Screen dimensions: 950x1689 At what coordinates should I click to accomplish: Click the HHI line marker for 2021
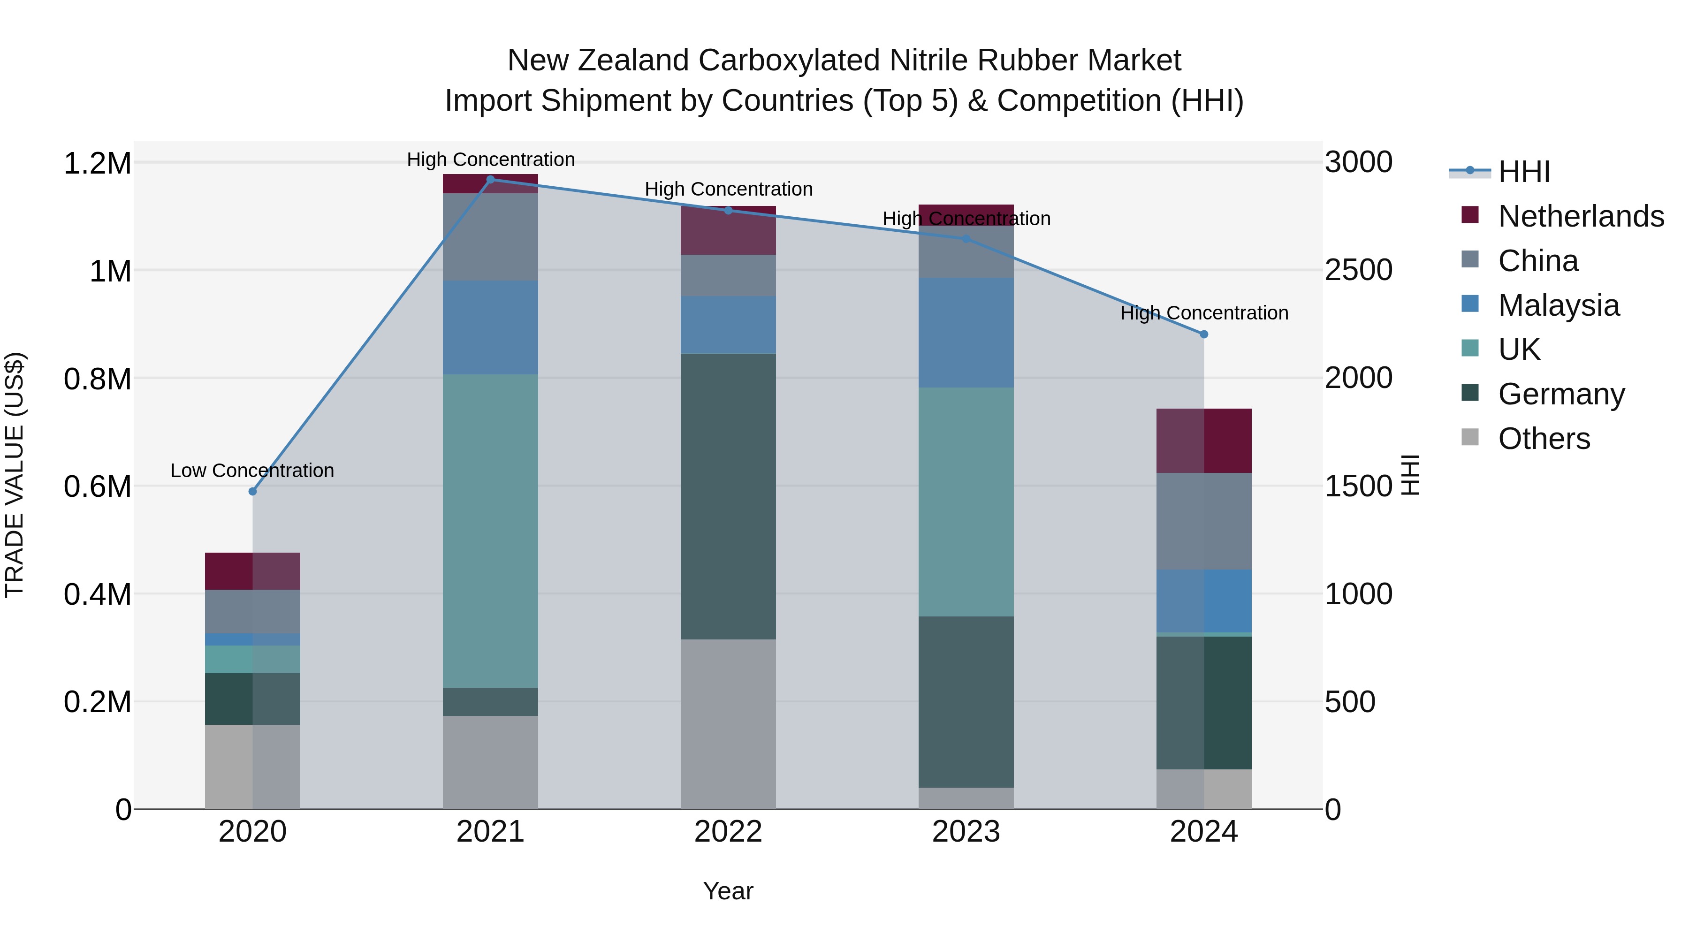click(490, 179)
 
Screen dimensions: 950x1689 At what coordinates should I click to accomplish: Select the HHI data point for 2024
click(1204, 334)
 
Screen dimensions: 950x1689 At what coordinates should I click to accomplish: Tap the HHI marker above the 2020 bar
click(252, 491)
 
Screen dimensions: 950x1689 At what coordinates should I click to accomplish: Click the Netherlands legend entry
click(1581, 216)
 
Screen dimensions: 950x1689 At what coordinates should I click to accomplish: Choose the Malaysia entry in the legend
click(1559, 305)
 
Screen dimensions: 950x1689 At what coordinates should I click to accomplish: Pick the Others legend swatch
click(1471, 437)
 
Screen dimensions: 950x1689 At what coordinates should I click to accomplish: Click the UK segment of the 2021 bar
click(490, 531)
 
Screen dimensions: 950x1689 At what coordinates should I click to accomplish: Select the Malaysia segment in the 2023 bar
click(966, 333)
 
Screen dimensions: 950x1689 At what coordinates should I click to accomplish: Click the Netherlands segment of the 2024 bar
click(1204, 441)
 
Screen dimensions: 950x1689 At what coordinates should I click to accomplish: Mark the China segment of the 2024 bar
click(1204, 521)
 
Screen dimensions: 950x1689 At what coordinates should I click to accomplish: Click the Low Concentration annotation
click(252, 471)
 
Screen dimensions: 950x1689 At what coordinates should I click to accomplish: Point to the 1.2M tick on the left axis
click(98, 163)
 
